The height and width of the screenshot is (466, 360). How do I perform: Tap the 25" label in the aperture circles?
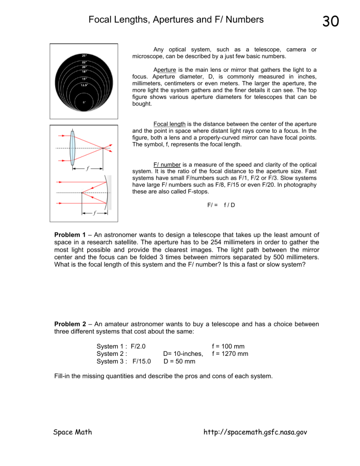click(x=84, y=55)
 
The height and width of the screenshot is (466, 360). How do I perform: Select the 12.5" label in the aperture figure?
click(x=84, y=85)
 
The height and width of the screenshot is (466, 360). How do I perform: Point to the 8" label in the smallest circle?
click(x=84, y=102)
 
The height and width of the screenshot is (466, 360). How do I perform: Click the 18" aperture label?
click(x=84, y=71)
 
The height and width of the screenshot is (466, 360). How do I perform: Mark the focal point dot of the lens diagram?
click(x=103, y=148)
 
